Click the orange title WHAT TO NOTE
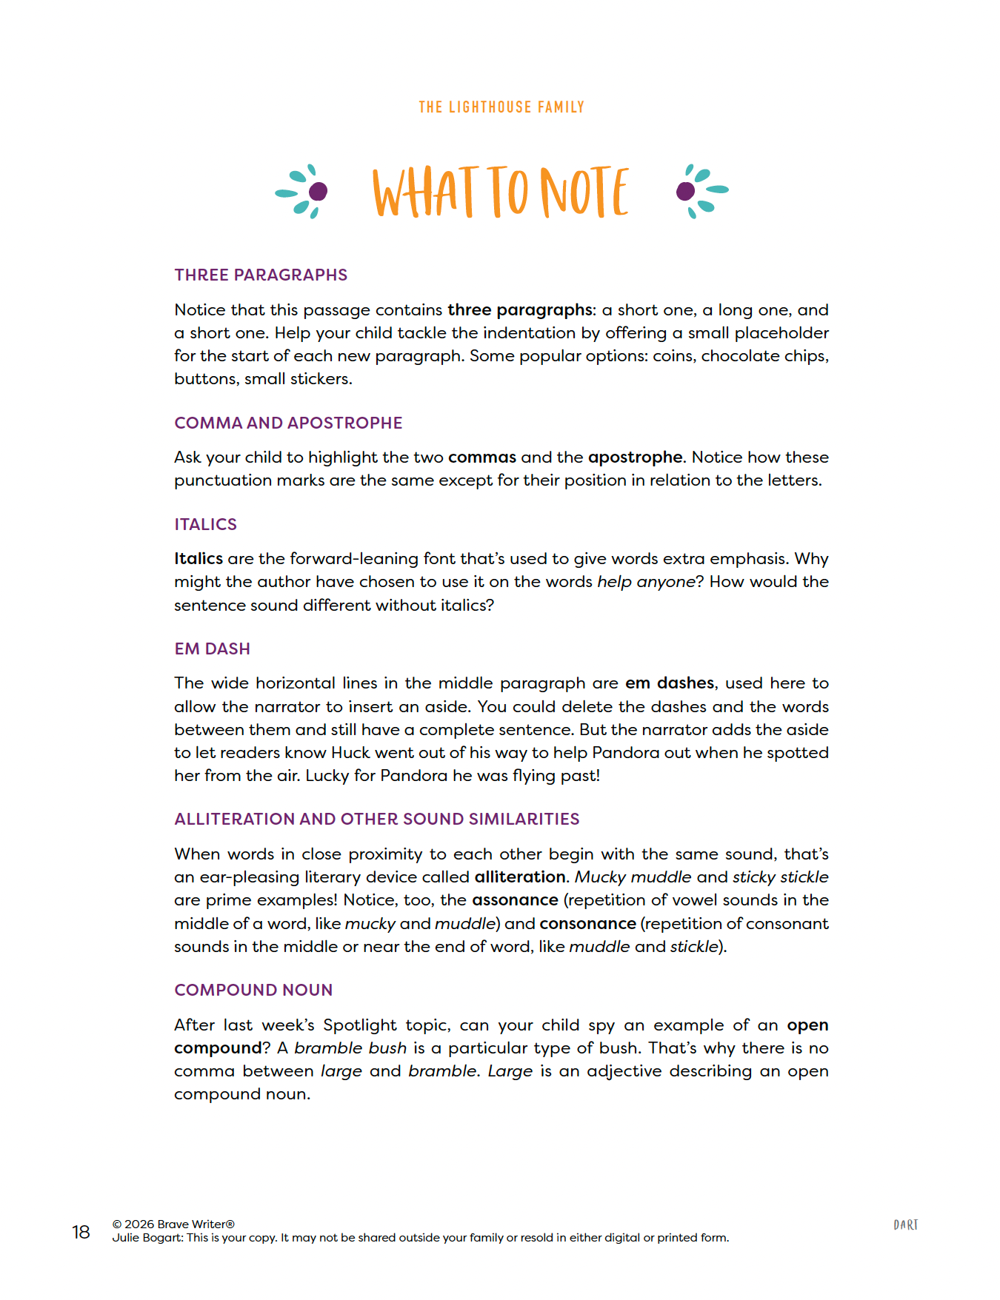point(501,192)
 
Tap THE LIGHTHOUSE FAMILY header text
point(501,107)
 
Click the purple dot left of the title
point(318,192)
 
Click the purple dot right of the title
point(685,192)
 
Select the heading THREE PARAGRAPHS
point(261,275)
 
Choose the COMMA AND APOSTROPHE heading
point(288,423)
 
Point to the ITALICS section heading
point(205,525)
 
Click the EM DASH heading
point(212,649)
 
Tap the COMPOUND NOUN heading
point(253,991)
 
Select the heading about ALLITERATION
point(376,820)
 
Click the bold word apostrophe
point(635,458)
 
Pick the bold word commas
point(481,458)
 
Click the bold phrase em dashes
point(670,683)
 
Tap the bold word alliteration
point(520,877)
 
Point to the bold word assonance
point(515,900)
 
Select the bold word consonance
point(587,924)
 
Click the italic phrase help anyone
point(646,582)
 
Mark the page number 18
point(81,1232)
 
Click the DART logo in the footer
point(905,1225)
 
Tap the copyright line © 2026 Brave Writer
point(173,1224)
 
